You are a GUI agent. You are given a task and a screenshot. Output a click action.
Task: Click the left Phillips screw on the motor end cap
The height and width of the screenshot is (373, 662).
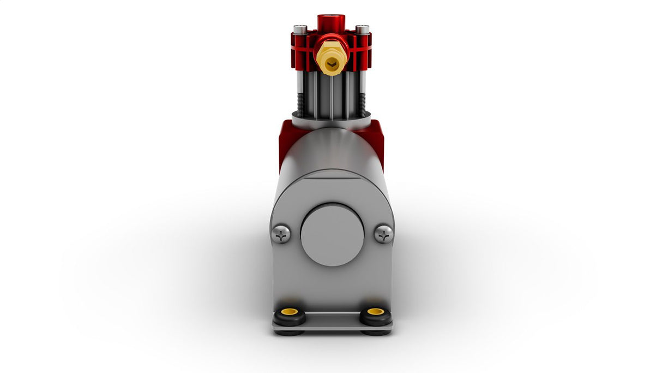281,234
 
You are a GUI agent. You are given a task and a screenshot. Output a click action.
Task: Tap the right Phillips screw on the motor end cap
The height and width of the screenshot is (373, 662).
384,234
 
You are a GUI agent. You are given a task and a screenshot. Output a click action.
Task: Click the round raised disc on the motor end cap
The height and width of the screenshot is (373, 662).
332,235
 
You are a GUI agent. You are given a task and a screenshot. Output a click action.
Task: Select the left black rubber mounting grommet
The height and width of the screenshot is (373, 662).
289,316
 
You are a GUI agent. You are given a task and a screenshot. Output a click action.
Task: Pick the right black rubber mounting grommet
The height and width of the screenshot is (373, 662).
376,316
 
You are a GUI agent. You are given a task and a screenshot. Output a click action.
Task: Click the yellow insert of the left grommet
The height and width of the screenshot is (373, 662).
289,312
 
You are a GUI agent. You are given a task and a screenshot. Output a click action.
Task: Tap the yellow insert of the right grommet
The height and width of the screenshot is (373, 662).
376,312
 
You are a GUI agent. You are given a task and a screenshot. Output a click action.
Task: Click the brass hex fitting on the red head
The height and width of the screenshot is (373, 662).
331,57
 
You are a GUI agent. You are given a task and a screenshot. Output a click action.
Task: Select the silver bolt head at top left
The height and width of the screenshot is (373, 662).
300,29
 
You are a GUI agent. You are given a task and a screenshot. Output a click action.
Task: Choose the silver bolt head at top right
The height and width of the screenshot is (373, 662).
362,29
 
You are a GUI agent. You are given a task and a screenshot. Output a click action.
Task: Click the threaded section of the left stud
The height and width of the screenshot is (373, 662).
300,103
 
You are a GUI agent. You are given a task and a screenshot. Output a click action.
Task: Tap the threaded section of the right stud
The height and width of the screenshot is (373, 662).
362,103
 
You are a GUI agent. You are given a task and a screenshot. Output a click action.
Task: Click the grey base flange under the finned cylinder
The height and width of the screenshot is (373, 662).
332,121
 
